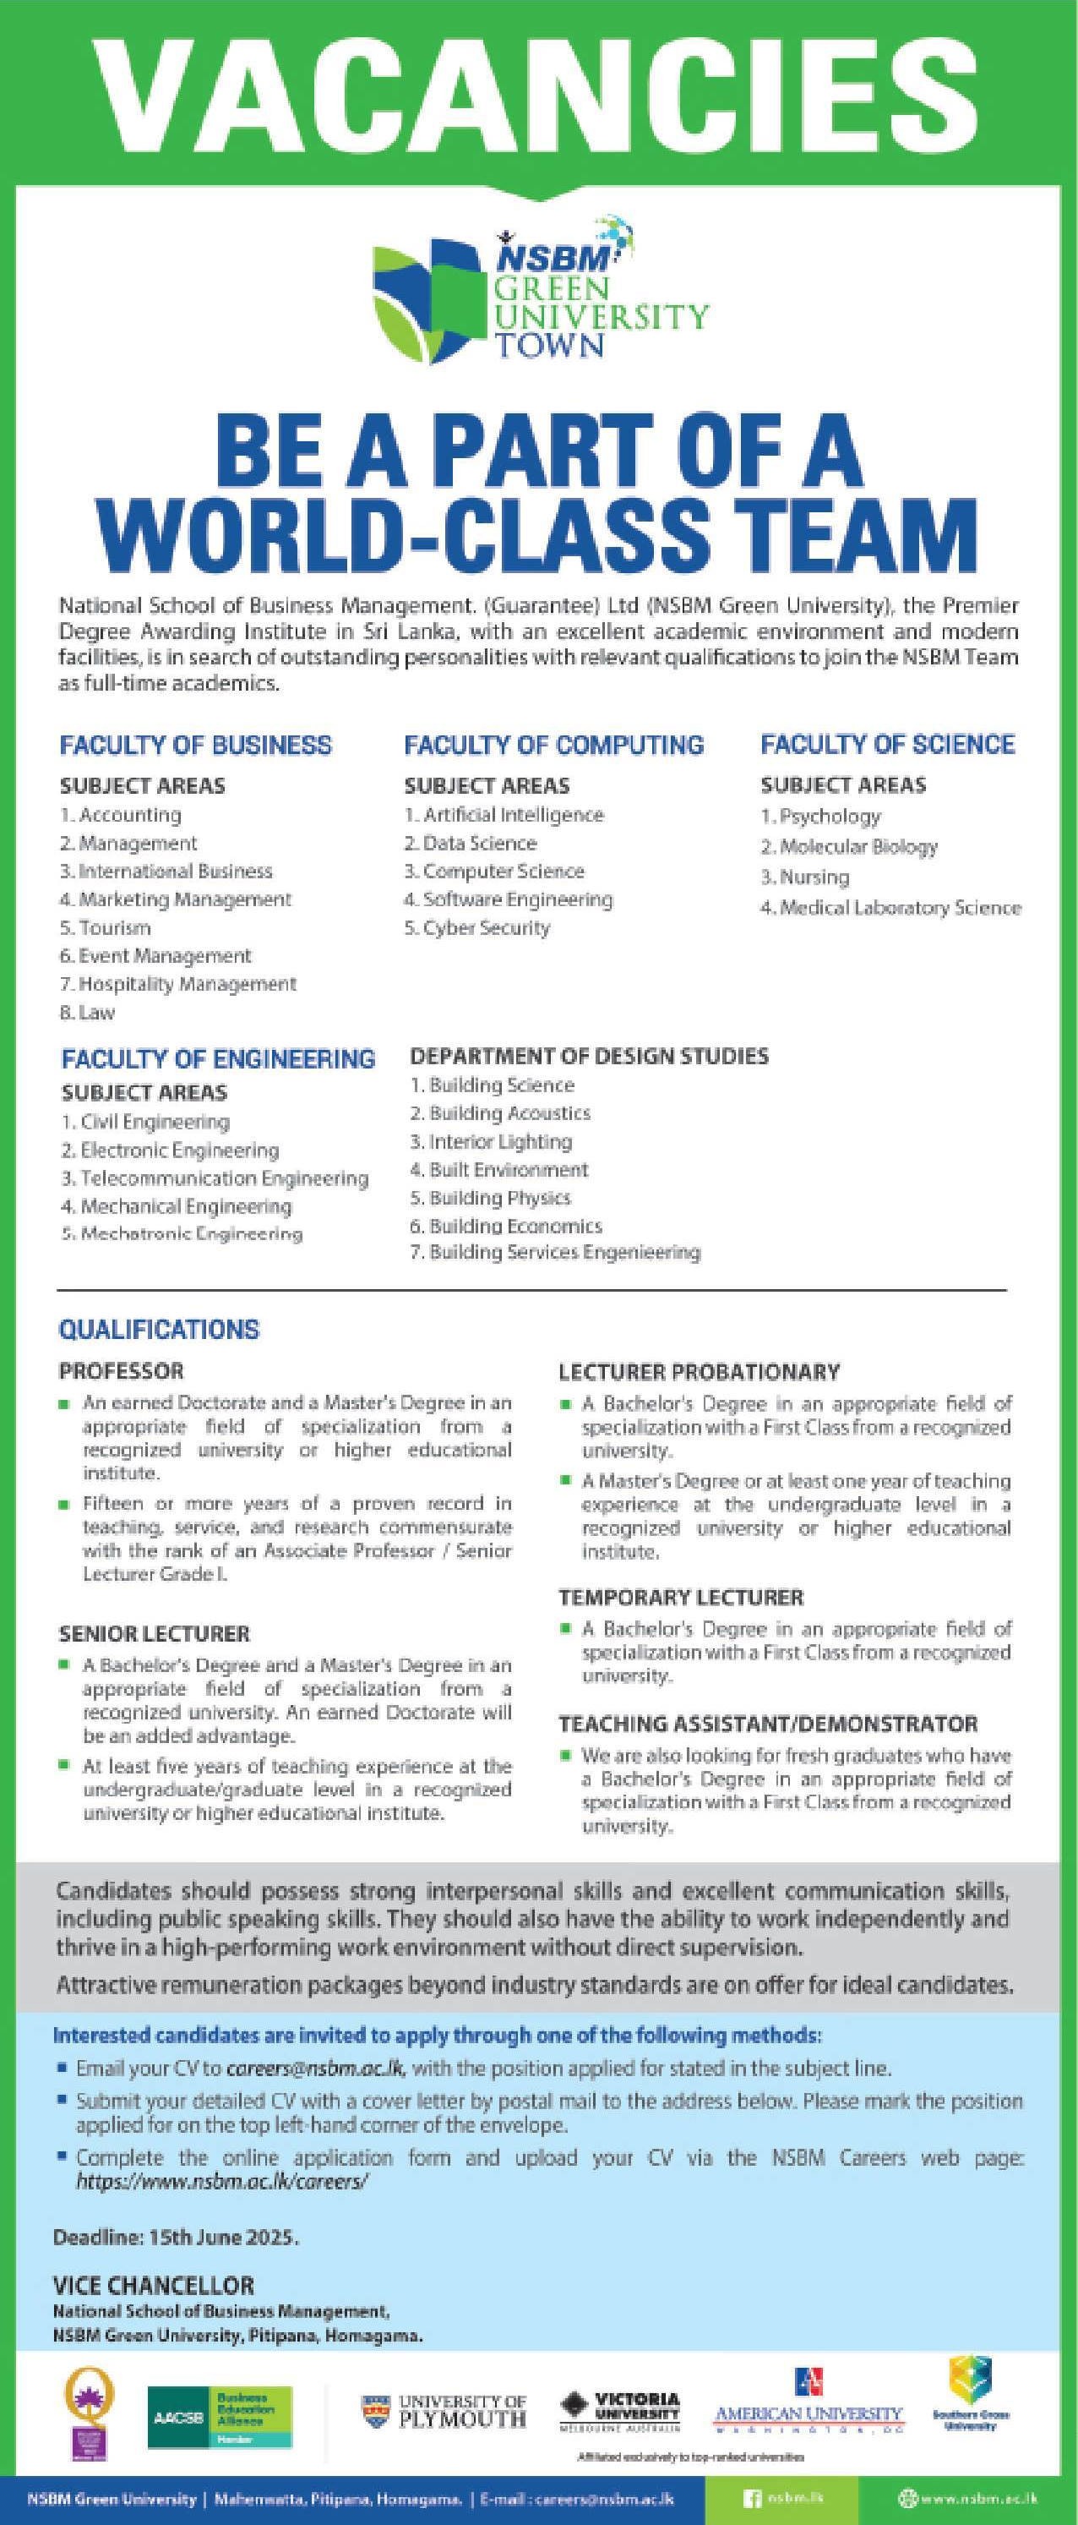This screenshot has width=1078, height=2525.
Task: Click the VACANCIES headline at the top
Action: pos(539,85)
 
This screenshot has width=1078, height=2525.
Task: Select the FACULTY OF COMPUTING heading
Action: pos(553,745)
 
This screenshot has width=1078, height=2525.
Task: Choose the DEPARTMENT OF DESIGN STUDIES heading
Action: pos(588,1056)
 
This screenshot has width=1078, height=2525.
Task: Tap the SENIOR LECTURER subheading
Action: pos(154,1634)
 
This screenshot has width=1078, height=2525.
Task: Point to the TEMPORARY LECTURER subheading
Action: pos(680,1598)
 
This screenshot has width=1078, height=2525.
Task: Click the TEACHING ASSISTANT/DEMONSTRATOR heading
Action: pos(767,1723)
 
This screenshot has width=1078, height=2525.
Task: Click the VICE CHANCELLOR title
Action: pos(153,2285)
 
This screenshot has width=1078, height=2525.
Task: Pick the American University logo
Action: pos(808,2406)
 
